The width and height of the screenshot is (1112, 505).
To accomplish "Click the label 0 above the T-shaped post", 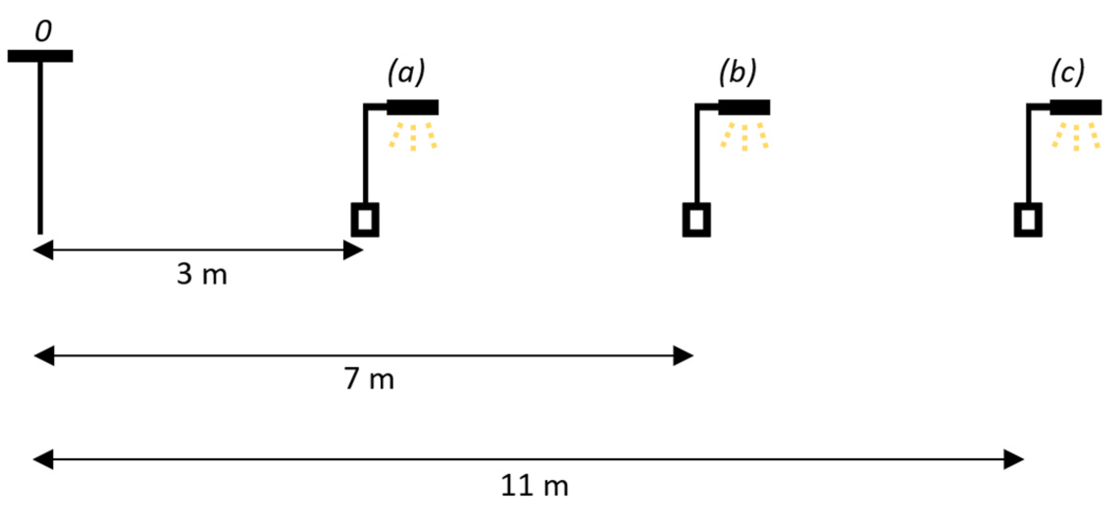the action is coord(43,31).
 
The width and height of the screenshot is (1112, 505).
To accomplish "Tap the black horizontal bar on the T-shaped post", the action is coord(40,56).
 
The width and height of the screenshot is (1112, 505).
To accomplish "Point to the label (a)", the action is coord(406,73).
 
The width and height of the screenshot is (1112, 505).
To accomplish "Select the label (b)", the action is coord(737,73).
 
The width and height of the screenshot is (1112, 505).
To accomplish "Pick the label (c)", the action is coord(1067,73).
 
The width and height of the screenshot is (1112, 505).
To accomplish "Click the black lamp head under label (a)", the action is coord(412,107).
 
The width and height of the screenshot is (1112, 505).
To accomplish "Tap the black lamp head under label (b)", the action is coord(744,107).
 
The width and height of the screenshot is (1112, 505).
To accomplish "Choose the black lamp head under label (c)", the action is coord(1075,107).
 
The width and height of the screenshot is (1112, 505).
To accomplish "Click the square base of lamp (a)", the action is coord(365,220).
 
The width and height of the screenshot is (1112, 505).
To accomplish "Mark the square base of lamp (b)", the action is coord(696,220).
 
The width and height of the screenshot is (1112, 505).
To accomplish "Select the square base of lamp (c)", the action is coord(1028,220).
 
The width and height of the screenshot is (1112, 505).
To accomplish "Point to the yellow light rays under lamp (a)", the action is coord(413,136).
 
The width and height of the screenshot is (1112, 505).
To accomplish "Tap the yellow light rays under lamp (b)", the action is coord(744,136).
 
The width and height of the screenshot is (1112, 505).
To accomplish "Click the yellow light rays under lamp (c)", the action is coord(1076,136).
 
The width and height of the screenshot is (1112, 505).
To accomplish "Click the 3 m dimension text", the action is coord(202,274).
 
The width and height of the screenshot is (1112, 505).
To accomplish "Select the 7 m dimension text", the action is coord(369,379).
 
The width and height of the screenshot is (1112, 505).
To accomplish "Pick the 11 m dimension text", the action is coord(534,486).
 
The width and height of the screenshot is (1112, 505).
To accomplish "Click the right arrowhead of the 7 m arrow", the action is coord(683,355).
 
